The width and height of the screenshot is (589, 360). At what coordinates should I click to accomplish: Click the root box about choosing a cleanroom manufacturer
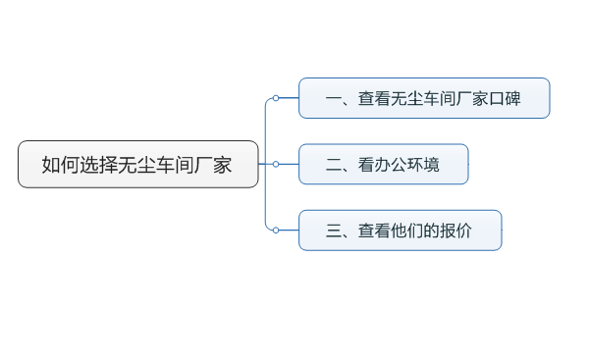click(137, 164)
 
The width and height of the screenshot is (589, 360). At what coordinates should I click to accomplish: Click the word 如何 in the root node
click(60, 165)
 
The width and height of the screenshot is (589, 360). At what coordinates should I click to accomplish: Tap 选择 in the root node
click(98, 165)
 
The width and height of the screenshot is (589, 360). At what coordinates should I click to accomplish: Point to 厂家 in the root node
click(213, 165)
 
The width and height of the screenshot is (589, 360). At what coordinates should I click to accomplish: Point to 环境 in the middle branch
click(424, 165)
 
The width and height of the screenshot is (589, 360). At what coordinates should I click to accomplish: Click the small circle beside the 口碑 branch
click(276, 98)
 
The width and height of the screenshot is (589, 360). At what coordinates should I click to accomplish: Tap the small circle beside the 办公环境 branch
click(276, 164)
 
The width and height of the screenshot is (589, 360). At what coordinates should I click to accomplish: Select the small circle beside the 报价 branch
click(276, 230)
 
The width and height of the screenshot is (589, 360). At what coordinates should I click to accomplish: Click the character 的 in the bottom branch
click(432, 231)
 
